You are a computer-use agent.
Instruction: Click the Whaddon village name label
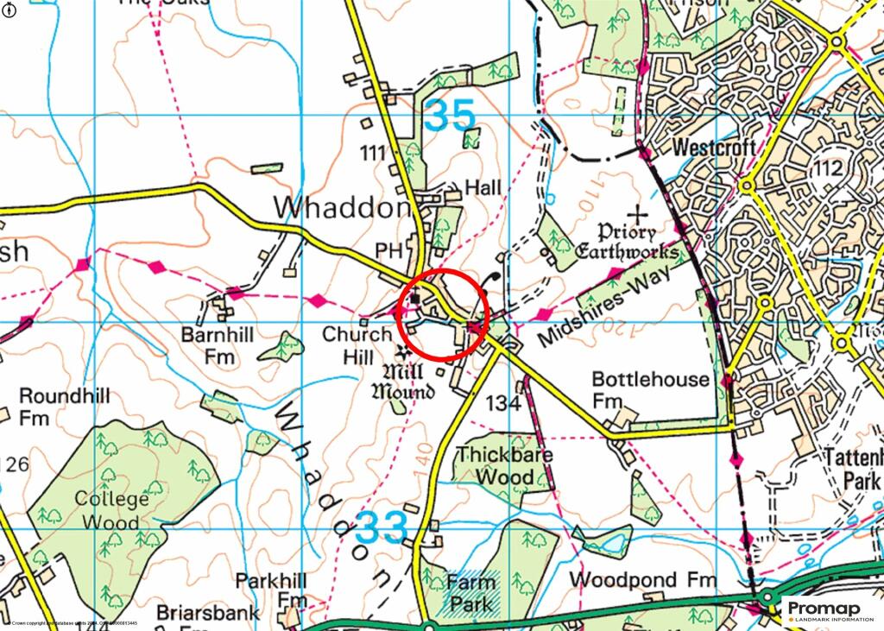[342, 208]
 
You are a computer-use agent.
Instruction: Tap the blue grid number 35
[451, 116]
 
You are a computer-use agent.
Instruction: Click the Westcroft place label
[714, 148]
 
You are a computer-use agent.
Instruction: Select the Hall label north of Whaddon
[483, 187]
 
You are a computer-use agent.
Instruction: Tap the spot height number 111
[373, 154]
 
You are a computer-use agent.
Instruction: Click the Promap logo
[830, 610]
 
